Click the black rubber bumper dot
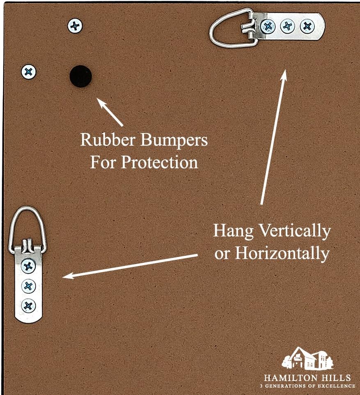(x=80, y=76)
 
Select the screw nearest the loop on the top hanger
(x=268, y=27)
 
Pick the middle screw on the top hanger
(x=287, y=27)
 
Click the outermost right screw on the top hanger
(x=307, y=27)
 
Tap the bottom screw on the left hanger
(x=28, y=305)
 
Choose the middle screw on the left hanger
(x=28, y=285)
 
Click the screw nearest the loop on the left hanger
(x=28, y=266)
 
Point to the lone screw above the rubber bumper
(x=75, y=26)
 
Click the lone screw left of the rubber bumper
(x=28, y=72)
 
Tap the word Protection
(x=159, y=163)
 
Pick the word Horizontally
(x=282, y=253)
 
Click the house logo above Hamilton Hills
(x=307, y=358)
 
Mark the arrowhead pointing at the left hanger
(x=66, y=276)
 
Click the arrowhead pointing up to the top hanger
(x=284, y=74)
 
